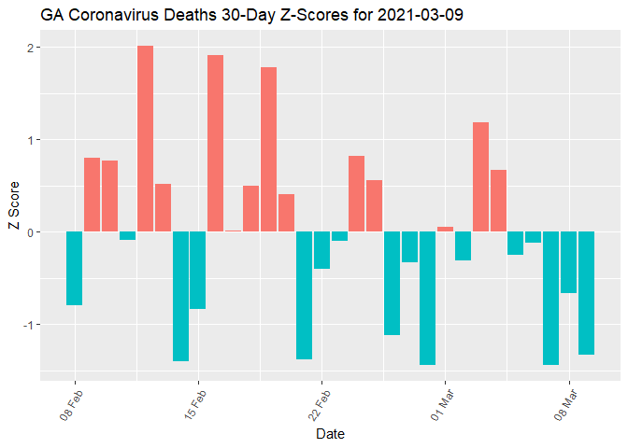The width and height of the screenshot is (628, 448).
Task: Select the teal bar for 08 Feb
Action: tap(75, 269)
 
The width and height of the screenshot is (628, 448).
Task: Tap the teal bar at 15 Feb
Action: tap(198, 270)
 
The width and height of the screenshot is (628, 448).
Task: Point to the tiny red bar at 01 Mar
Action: tap(445, 230)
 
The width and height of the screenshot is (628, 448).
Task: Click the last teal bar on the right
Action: tap(586, 293)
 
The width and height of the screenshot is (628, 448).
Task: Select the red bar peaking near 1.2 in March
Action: tap(480, 177)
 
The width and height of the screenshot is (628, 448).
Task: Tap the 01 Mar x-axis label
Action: tap(440, 402)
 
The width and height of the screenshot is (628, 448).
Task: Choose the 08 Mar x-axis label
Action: tap(564, 402)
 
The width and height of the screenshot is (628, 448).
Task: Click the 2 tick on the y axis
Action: tap(29, 48)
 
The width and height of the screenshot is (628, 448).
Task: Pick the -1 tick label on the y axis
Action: tap(27, 325)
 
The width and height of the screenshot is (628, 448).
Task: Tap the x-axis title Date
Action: tap(330, 434)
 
